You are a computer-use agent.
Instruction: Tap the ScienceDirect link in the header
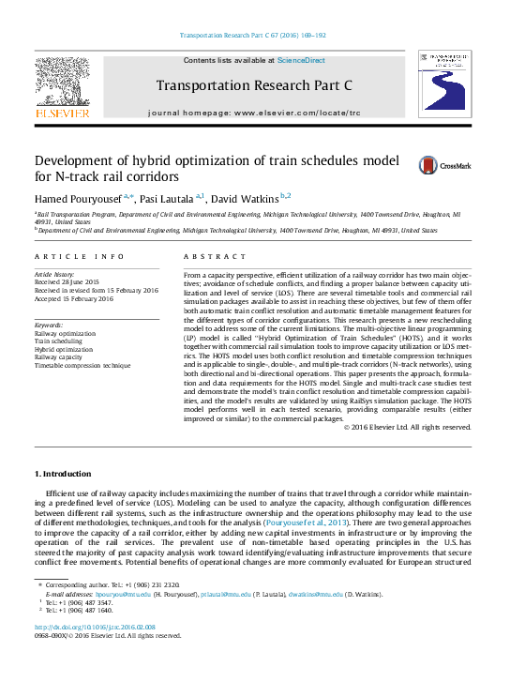click(301, 60)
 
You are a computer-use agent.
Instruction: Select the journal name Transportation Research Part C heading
click(253, 85)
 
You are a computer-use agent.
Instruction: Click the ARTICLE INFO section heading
click(80, 256)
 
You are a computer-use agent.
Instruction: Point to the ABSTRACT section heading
click(208, 256)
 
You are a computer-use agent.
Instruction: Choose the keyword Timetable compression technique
click(82, 364)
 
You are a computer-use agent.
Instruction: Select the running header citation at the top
click(254, 36)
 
